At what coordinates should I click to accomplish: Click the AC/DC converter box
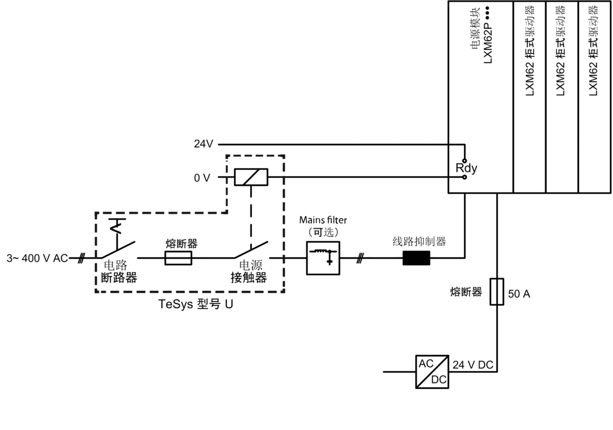432,372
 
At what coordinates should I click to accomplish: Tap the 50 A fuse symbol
497,291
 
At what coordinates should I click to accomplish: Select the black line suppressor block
416,258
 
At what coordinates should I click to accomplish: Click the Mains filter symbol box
323,258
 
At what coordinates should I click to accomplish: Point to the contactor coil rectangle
251,177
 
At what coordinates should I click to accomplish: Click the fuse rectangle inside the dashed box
178,258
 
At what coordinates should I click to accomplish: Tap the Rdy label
466,169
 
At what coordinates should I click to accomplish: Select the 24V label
203,144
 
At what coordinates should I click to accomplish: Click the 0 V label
202,178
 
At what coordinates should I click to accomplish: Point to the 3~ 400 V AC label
37,259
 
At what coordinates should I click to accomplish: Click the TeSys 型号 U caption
196,304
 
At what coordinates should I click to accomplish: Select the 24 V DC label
473,365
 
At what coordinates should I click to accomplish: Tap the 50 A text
519,294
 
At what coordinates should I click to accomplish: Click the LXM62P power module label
487,34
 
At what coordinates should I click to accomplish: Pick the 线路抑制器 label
419,241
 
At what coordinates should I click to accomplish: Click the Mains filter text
323,220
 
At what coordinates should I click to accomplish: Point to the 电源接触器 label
249,271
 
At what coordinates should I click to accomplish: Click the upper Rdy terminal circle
465,160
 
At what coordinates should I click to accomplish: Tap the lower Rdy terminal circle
465,177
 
